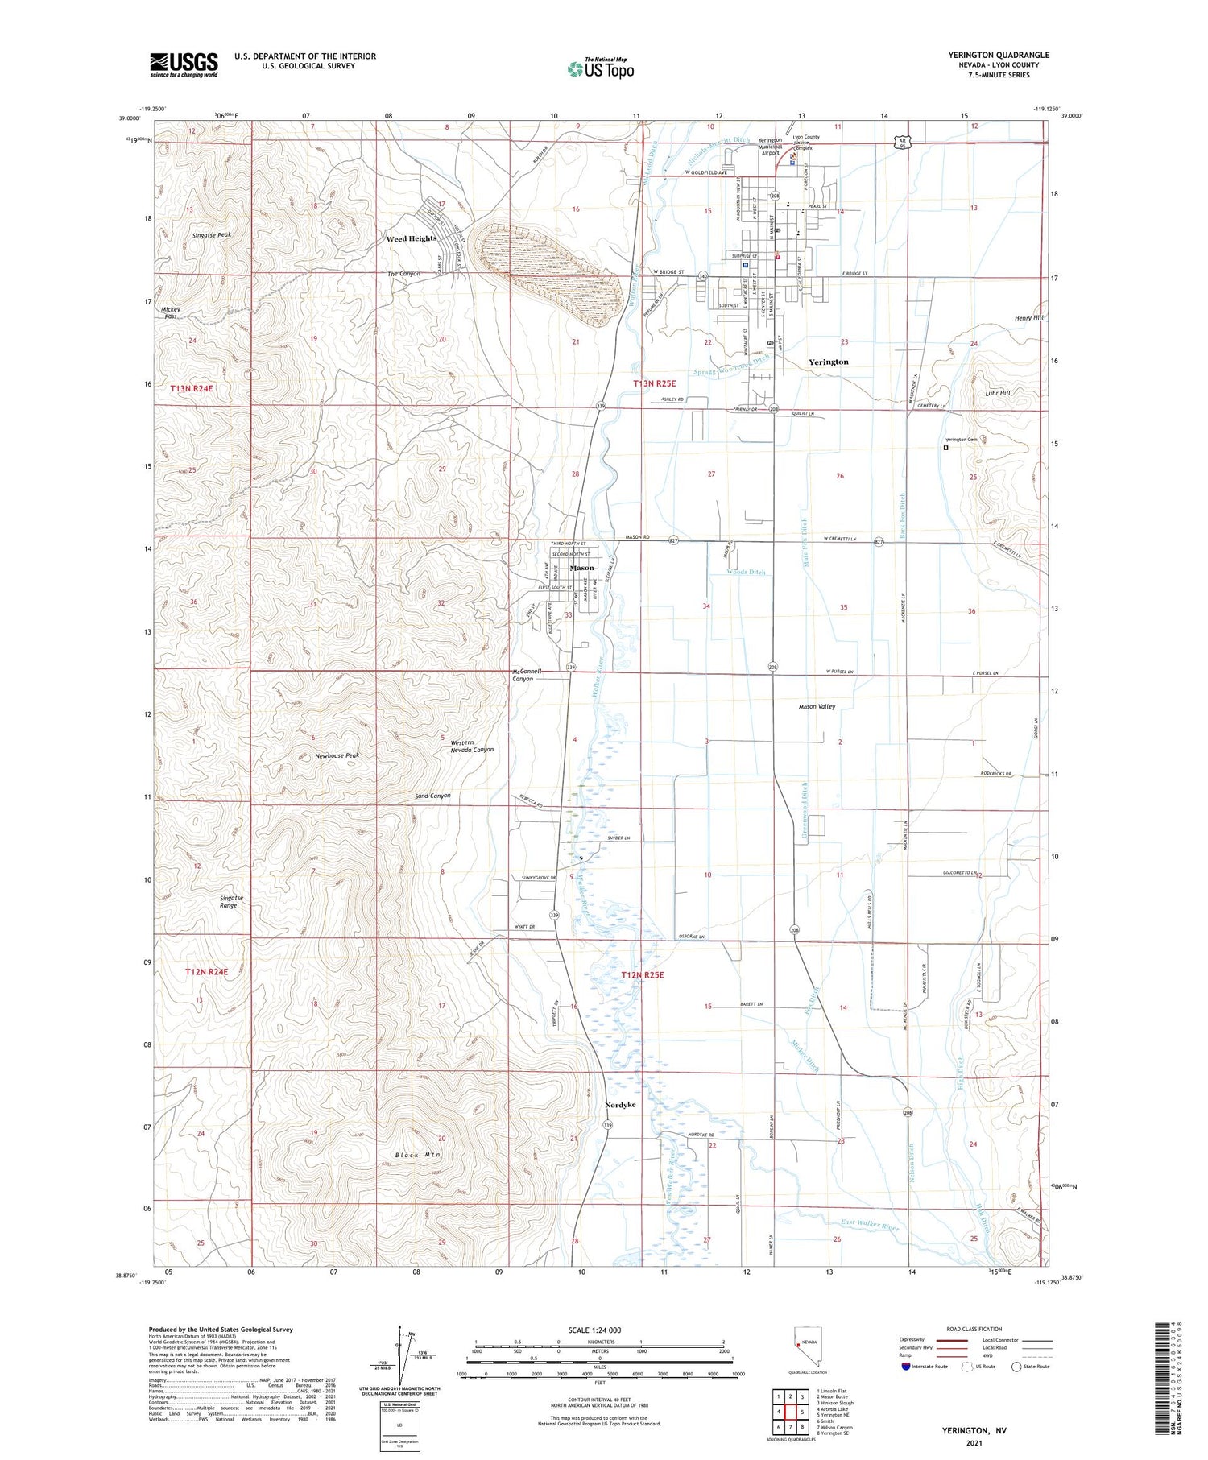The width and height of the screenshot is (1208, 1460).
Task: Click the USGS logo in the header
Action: pyautogui.click(x=184, y=64)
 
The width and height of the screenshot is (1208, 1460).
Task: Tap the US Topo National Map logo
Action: pyautogui.click(x=601, y=68)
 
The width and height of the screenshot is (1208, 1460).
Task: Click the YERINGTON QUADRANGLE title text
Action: pyautogui.click(x=999, y=55)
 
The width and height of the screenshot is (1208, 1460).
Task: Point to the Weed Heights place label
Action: pyautogui.click(x=411, y=238)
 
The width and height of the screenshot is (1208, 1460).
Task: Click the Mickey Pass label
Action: pyautogui.click(x=171, y=312)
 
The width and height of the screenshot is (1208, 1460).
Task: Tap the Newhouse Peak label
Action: pyautogui.click(x=337, y=755)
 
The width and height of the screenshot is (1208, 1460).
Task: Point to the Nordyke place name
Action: pyautogui.click(x=620, y=1105)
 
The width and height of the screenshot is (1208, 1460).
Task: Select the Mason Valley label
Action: pyautogui.click(x=817, y=706)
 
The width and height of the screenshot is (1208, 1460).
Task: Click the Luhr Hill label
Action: pyautogui.click(x=997, y=393)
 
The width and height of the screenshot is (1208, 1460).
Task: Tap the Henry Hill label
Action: pyautogui.click(x=1028, y=318)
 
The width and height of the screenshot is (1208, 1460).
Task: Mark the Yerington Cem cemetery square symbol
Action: pyautogui.click(x=945, y=449)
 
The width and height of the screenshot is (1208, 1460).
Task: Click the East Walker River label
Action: pyautogui.click(x=869, y=1226)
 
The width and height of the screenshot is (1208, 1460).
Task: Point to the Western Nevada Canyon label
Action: pyautogui.click(x=472, y=746)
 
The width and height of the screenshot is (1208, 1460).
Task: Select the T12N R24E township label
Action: pyautogui.click(x=206, y=972)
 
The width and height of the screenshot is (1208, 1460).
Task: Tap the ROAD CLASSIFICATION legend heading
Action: pyautogui.click(x=974, y=1329)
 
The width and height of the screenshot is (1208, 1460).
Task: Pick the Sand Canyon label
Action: pyautogui.click(x=432, y=796)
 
